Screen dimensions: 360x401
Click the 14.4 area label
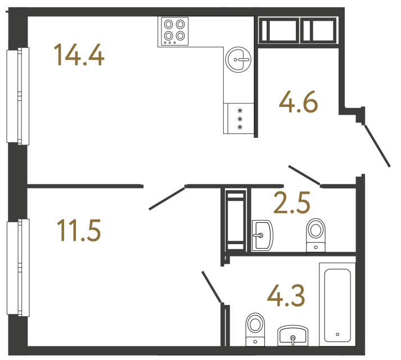click(x=79, y=55)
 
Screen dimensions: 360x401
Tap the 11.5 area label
click(x=79, y=231)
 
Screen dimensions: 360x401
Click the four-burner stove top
click(x=174, y=31)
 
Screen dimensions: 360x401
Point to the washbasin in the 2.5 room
click(x=262, y=234)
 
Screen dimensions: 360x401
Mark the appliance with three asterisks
click(x=240, y=119)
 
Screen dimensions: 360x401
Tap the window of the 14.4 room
click(x=17, y=96)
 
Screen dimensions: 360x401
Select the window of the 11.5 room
click(x=17, y=268)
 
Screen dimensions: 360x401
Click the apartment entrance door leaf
click(x=377, y=146)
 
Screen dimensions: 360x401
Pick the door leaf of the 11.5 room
click(x=167, y=197)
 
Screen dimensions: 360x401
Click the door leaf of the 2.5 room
click(x=304, y=175)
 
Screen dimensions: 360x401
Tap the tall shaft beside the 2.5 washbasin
click(x=236, y=220)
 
